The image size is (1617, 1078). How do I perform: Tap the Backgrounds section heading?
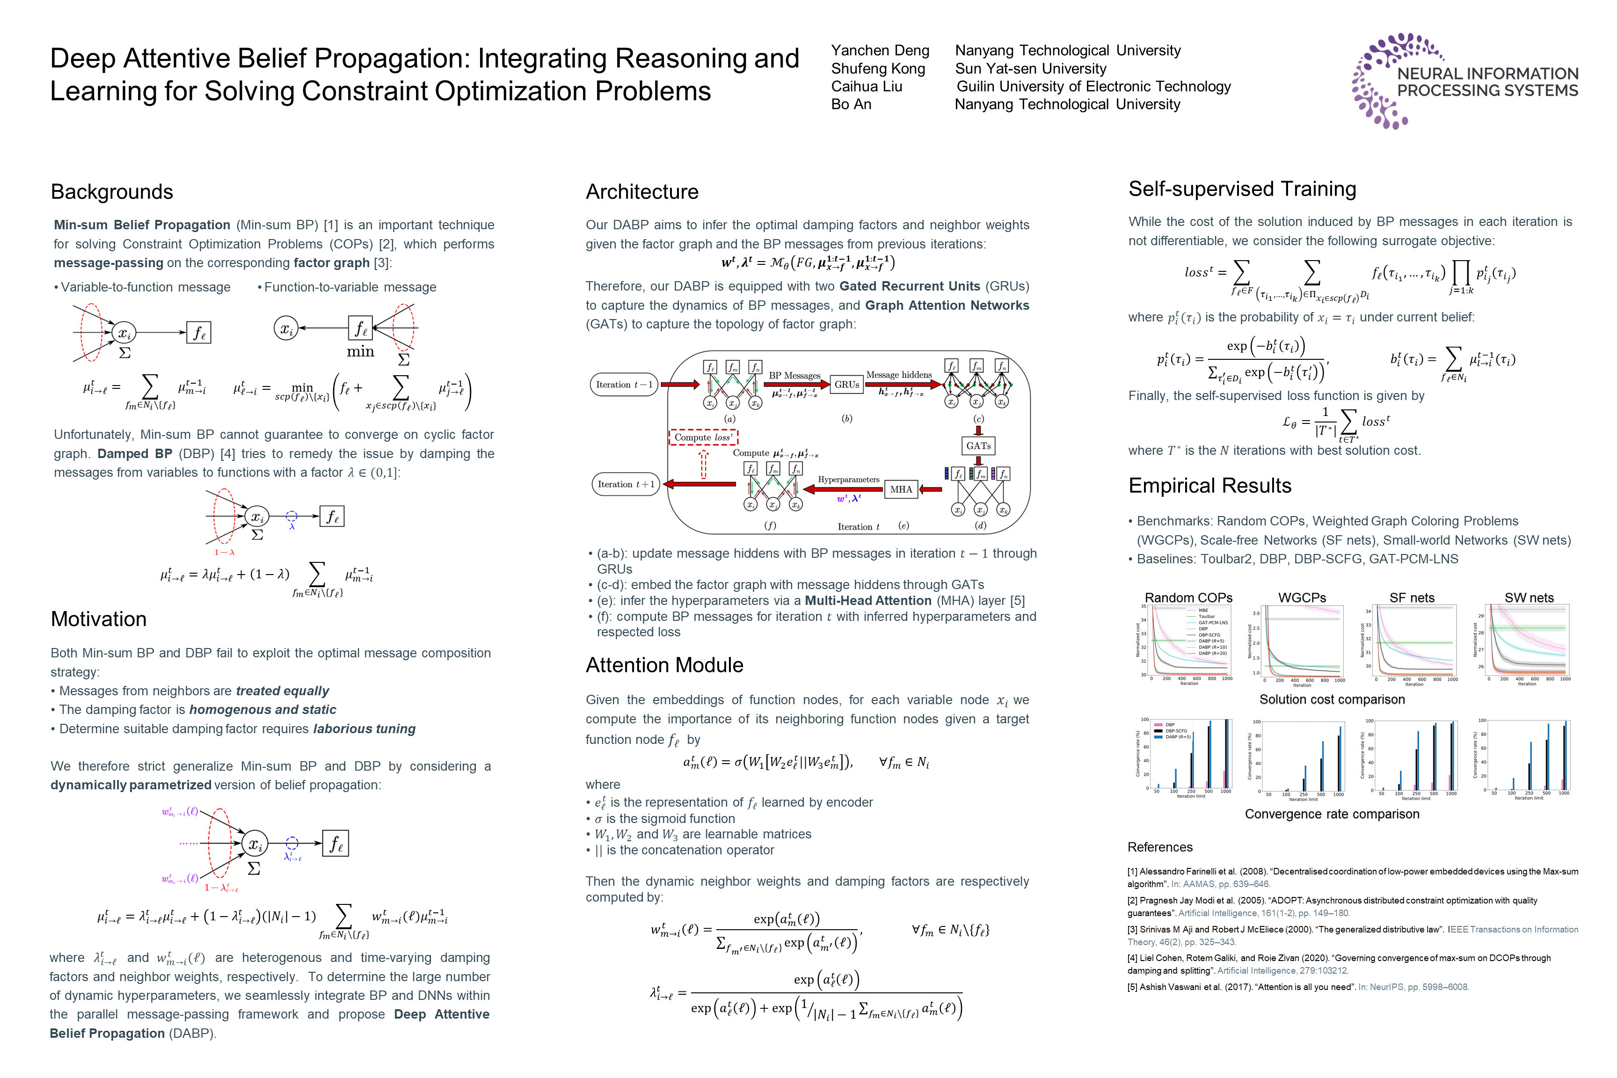click(112, 192)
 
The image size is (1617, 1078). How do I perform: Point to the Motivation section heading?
click(98, 619)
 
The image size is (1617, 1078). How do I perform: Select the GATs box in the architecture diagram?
click(978, 445)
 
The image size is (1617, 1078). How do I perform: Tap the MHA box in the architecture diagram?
click(901, 489)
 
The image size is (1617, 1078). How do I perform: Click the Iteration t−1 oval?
click(624, 384)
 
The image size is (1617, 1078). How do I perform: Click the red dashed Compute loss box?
click(703, 437)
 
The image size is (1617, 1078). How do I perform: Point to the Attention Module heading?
click(664, 665)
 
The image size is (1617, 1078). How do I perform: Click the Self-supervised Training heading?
click(1242, 189)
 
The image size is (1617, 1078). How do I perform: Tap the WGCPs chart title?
click(1302, 598)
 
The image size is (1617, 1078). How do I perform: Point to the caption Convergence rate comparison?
click(1332, 815)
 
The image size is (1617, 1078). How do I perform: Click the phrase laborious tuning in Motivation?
click(364, 729)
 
